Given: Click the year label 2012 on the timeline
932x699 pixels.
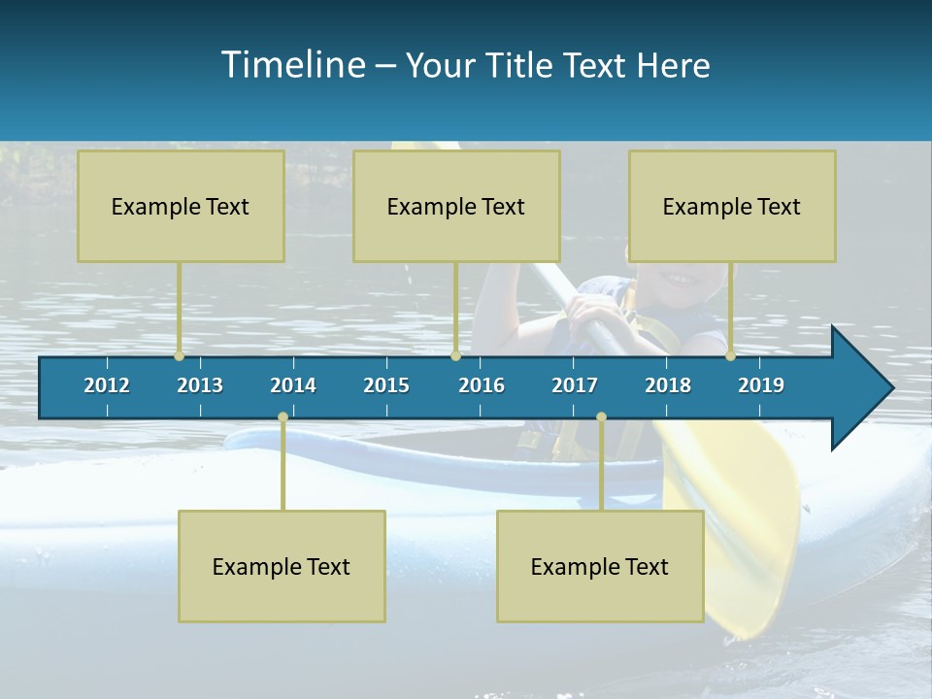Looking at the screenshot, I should click(107, 385).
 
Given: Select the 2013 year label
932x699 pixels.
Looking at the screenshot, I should click(200, 385).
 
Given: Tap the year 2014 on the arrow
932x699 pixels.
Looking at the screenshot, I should click(293, 385).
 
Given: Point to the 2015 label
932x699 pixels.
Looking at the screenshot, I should click(386, 385).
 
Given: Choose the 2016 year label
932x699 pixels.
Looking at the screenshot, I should click(482, 385).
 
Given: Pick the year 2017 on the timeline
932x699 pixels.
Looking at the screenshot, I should click(575, 385).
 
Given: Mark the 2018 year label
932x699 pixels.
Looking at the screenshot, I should click(668, 385).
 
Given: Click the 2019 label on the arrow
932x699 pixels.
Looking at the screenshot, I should click(761, 385).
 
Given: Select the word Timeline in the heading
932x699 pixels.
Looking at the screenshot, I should click(292, 65).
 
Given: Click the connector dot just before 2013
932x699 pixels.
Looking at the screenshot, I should click(180, 356).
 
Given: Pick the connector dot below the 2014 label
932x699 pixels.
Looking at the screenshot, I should click(283, 417).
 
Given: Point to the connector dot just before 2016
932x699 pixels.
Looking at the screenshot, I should click(455, 356).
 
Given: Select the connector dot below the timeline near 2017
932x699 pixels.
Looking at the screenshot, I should click(601, 417).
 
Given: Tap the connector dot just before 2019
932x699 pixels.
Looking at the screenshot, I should click(731, 356).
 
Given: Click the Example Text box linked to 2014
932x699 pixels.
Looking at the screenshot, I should click(282, 566).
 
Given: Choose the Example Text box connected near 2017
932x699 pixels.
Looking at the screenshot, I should click(600, 566).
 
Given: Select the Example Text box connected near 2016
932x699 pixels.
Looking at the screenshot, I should click(456, 206).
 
